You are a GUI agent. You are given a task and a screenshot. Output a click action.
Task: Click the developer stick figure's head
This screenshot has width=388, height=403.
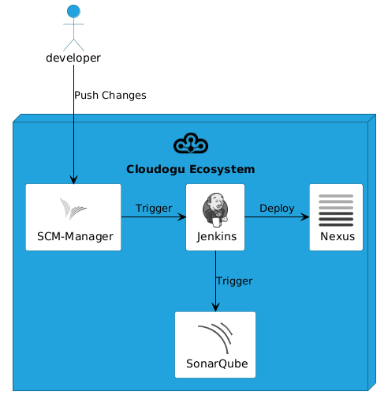click(x=73, y=11)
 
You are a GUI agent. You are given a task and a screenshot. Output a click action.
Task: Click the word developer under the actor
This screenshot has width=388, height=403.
click(x=73, y=58)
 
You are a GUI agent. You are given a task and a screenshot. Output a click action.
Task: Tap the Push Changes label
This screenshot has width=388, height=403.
click(x=110, y=96)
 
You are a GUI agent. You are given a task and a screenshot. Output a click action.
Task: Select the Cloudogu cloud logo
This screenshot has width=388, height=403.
click(x=191, y=143)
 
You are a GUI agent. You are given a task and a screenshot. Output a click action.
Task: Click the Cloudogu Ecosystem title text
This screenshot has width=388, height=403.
click(x=191, y=169)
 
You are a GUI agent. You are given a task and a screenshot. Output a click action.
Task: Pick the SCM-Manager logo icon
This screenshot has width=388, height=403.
click(x=73, y=209)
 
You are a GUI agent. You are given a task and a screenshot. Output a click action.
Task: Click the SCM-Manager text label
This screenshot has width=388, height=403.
click(x=75, y=236)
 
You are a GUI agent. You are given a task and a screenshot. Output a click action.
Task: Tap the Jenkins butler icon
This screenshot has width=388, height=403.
click(x=215, y=210)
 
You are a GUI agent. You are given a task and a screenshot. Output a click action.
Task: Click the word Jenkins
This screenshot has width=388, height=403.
click(x=217, y=236)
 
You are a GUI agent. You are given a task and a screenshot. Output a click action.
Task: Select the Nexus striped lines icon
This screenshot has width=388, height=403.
click(x=336, y=210)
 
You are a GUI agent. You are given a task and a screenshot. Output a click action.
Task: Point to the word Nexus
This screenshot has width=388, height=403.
click(x=338, y=236)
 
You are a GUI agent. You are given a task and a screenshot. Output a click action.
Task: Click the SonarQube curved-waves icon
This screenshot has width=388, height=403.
click(x=215, y=338)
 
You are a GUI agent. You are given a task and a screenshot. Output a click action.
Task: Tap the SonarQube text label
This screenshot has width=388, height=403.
click(x=217, y=363)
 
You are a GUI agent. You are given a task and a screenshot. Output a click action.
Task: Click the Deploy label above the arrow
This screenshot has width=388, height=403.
click(x=277, y=209)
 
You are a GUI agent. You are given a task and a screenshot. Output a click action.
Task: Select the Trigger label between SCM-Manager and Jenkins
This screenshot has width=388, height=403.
click(x=154, y=209)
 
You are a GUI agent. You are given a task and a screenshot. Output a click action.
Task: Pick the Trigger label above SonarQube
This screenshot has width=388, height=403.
click(x=234, y=281)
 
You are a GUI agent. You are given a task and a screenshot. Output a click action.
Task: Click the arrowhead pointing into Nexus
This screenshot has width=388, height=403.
click(x=305, y=217)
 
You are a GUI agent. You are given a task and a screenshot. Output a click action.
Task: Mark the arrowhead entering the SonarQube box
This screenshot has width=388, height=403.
click(x=215, y=307)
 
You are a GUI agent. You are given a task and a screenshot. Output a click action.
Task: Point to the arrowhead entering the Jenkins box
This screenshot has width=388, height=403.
click(x=181, y=217)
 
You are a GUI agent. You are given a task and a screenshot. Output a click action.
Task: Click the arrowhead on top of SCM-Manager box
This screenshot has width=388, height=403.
click(x=73, y=179)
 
